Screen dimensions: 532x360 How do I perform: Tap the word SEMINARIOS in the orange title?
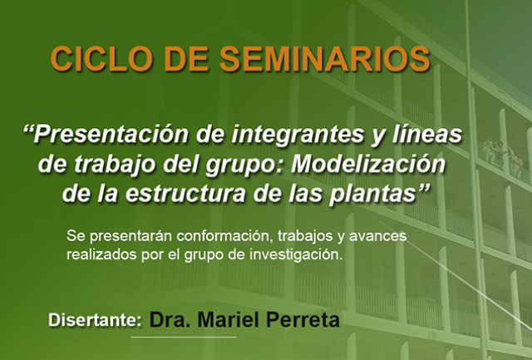tap(325, 59)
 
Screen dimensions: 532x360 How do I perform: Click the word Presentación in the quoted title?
tap(111, 135)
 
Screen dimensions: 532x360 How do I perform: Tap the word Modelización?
tap(368, 165)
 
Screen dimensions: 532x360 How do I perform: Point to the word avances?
tap(377, 236)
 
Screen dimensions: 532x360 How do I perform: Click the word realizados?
tap(101, 254)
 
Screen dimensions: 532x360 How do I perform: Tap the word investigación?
tap(296, 255)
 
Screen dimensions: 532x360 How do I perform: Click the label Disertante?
tap(95, 319)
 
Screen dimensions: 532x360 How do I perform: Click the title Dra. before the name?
tap(170, 319)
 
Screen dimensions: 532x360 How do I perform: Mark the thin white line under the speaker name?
tap(184, 337)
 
